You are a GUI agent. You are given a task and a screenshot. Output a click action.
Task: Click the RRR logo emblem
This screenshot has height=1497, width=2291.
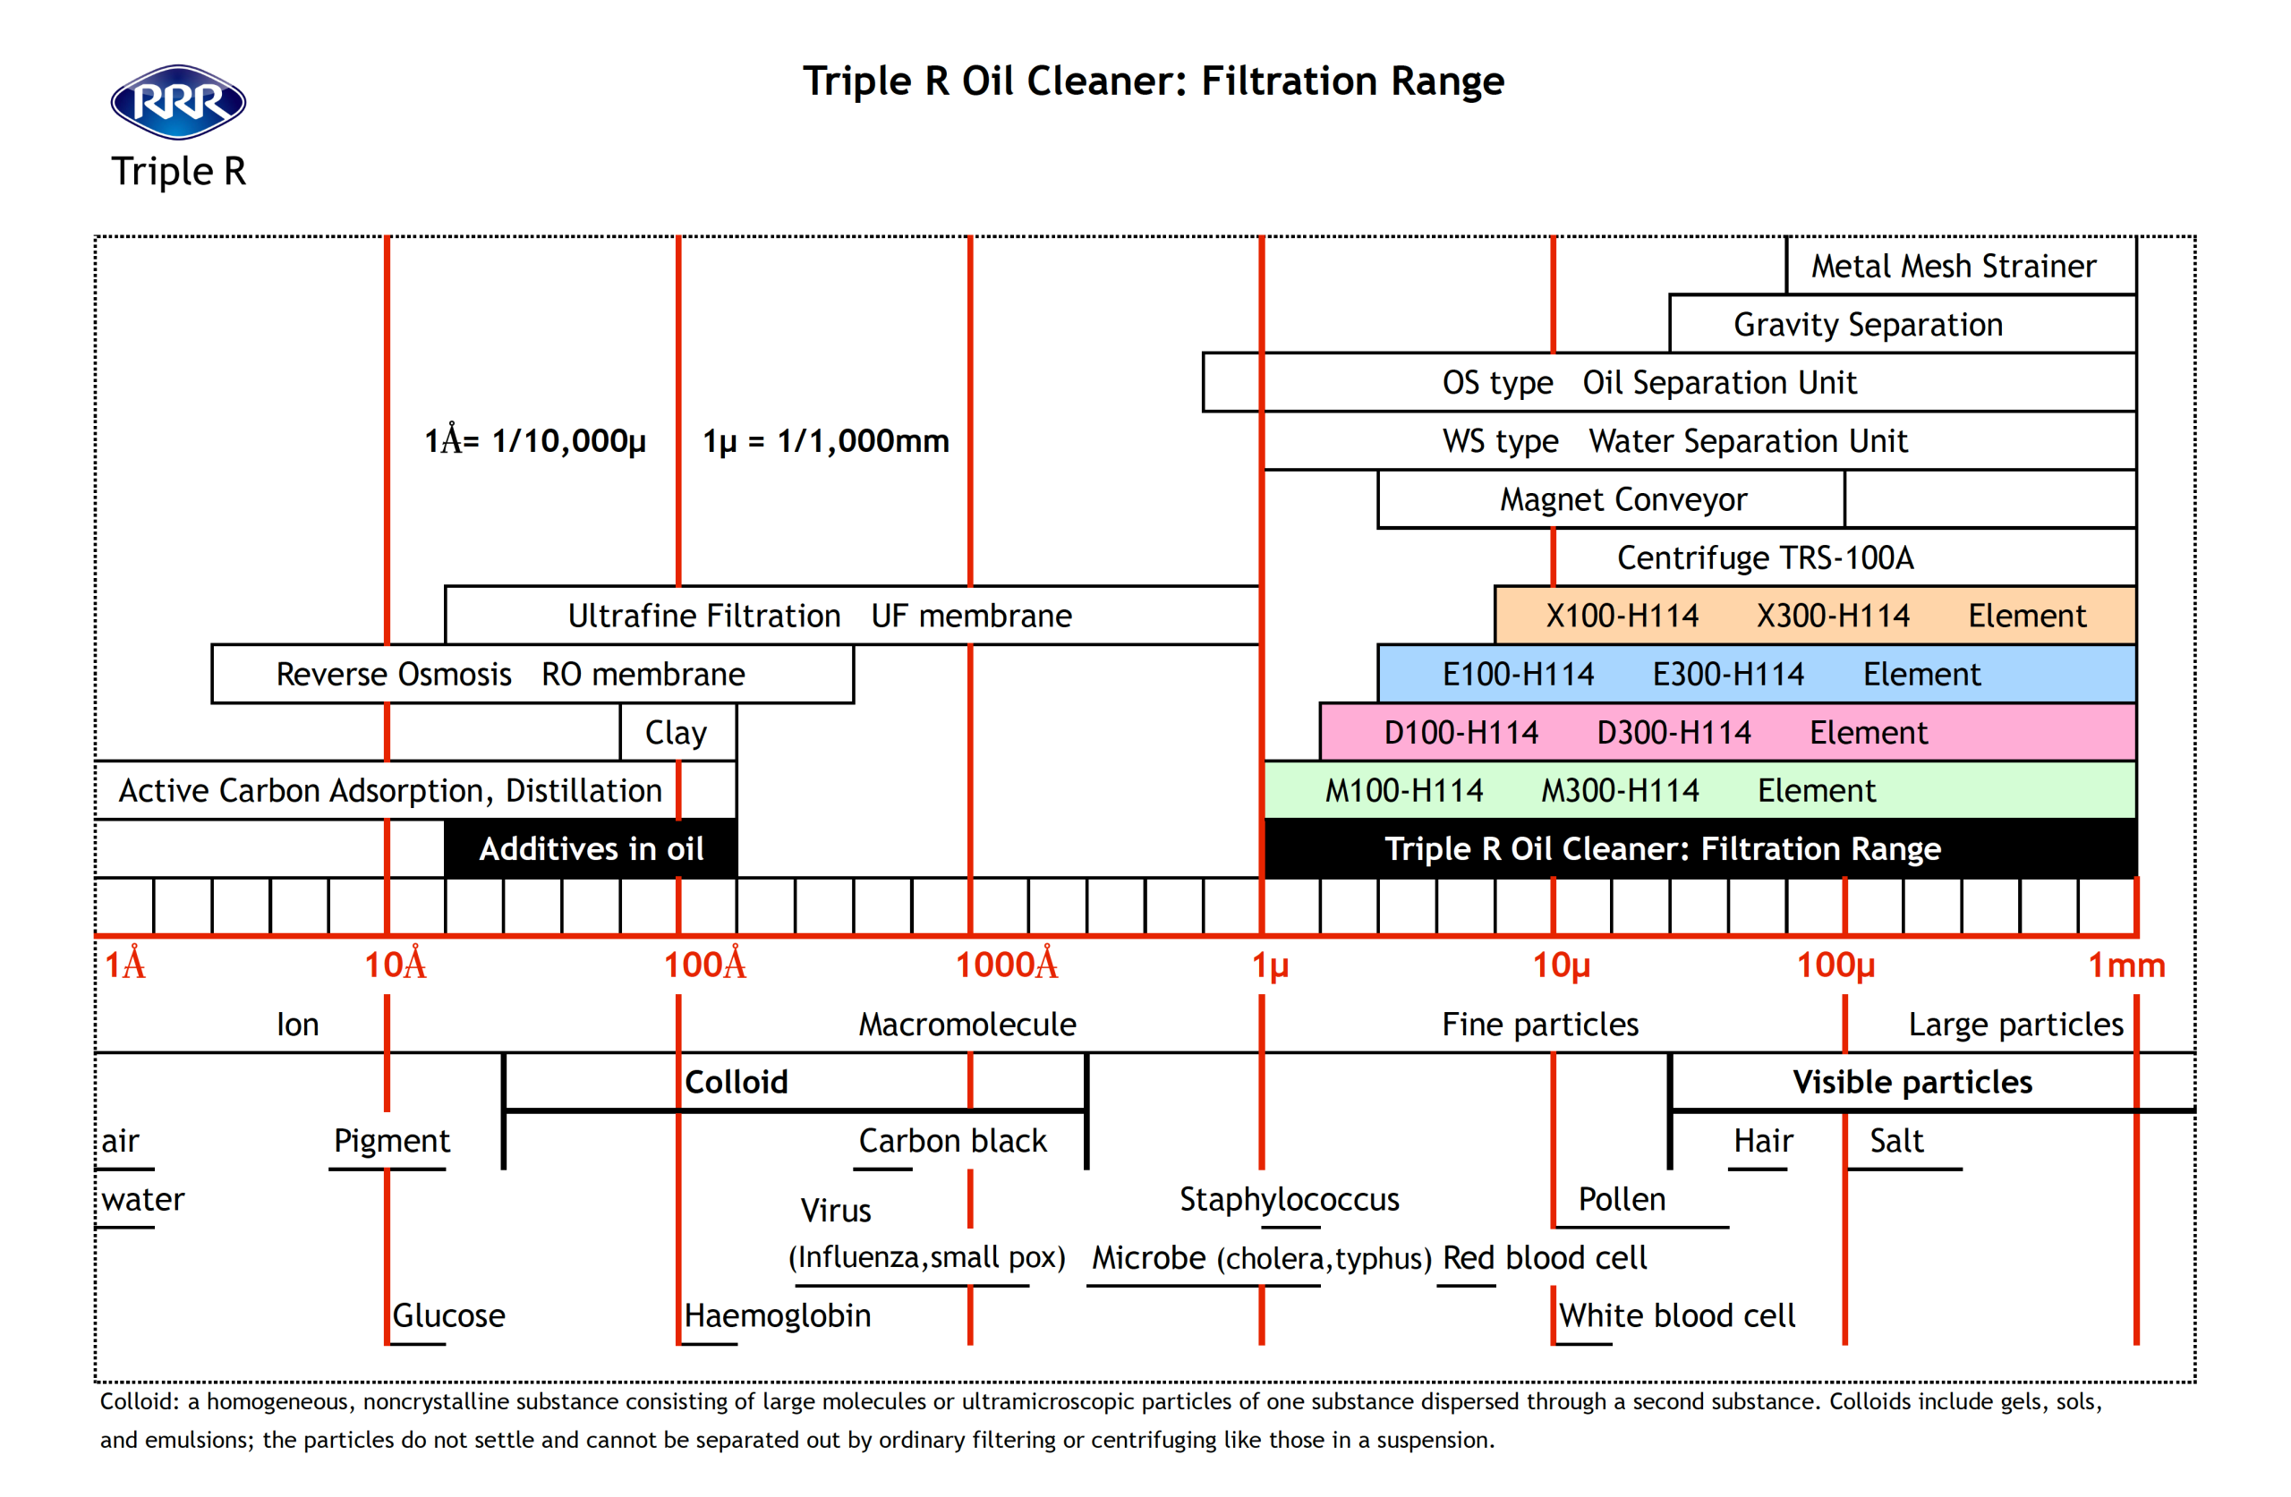pyautogui.click(x=178, y=102)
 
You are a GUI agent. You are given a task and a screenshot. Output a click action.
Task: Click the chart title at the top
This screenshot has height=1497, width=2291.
pyautogui.click(x=1154, y=81)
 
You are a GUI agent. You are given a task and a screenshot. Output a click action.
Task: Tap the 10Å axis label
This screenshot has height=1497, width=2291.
pyautogui.click(x=395, y=964)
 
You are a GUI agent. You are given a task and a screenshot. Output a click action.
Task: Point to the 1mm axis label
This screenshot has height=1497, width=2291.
pyautogui.click(x=2125, y=965)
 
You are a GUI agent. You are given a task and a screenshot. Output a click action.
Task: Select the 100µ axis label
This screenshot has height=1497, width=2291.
pyautogui.click(x=1835, y=965)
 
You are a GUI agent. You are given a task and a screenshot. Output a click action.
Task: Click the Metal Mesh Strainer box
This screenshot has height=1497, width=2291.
pyautogui.click(x=1961, y=266)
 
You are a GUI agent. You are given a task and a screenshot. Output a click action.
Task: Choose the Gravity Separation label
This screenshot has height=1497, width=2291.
pyautogui.click(x=1868, y=325)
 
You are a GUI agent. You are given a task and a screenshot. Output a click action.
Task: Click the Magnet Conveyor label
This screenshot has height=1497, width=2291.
pyautogui.click(x=1623, y=499)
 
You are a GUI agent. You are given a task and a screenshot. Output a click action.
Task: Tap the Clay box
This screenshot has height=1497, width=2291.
pyautogui.click(x=677, y=732)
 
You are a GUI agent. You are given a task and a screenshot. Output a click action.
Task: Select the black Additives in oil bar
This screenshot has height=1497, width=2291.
pyautogui.click(x=590, y=848)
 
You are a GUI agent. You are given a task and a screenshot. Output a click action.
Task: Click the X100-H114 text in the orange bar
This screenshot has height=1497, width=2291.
pyautogui.click(x=1622, y=617)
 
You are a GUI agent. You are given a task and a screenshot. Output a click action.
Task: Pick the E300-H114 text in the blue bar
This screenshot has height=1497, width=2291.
pyautogui.click(x=1728, y=674)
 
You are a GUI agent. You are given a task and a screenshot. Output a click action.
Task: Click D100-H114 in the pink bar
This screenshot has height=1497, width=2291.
pyautogui.click(x=1461, y=733)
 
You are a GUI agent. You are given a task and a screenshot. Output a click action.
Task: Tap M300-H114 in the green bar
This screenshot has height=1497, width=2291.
pyautogui.click(x=1620, y=790)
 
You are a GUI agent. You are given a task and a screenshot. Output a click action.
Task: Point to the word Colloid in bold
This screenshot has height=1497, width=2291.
pyautogui.click(x=737, y=1081)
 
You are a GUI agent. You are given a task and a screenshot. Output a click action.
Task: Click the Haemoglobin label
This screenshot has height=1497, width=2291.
pyautogui.click(x=777, y=1315)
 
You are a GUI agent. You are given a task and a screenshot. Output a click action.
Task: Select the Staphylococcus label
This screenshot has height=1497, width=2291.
pyautogui.click(x=1289, y=1200)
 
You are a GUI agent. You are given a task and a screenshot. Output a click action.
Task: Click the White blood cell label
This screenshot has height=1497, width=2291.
pyautogui.click(x=1677, y=1315)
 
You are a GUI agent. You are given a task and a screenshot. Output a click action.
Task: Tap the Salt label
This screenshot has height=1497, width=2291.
pyautogui.click(x=1896, y=1141)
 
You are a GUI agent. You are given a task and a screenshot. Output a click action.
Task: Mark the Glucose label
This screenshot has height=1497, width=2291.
pyautogui.click(x=448, y=1315)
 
